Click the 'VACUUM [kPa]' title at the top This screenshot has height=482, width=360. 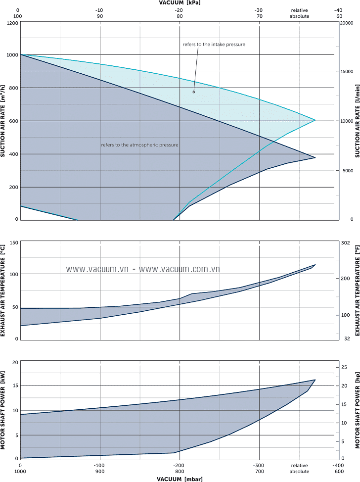(180, 2)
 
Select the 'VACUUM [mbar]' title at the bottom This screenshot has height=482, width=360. (180, 479)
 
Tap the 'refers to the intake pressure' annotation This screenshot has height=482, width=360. (214, 45)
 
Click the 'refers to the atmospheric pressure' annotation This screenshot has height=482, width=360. (139, 145)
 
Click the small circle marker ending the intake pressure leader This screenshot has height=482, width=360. (194, 92)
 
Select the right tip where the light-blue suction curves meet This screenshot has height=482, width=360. (315, 120)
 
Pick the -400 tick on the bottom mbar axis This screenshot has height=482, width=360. (338, 466)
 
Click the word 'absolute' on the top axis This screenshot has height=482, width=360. (299, 16)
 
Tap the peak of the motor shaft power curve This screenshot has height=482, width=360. (315, 380)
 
